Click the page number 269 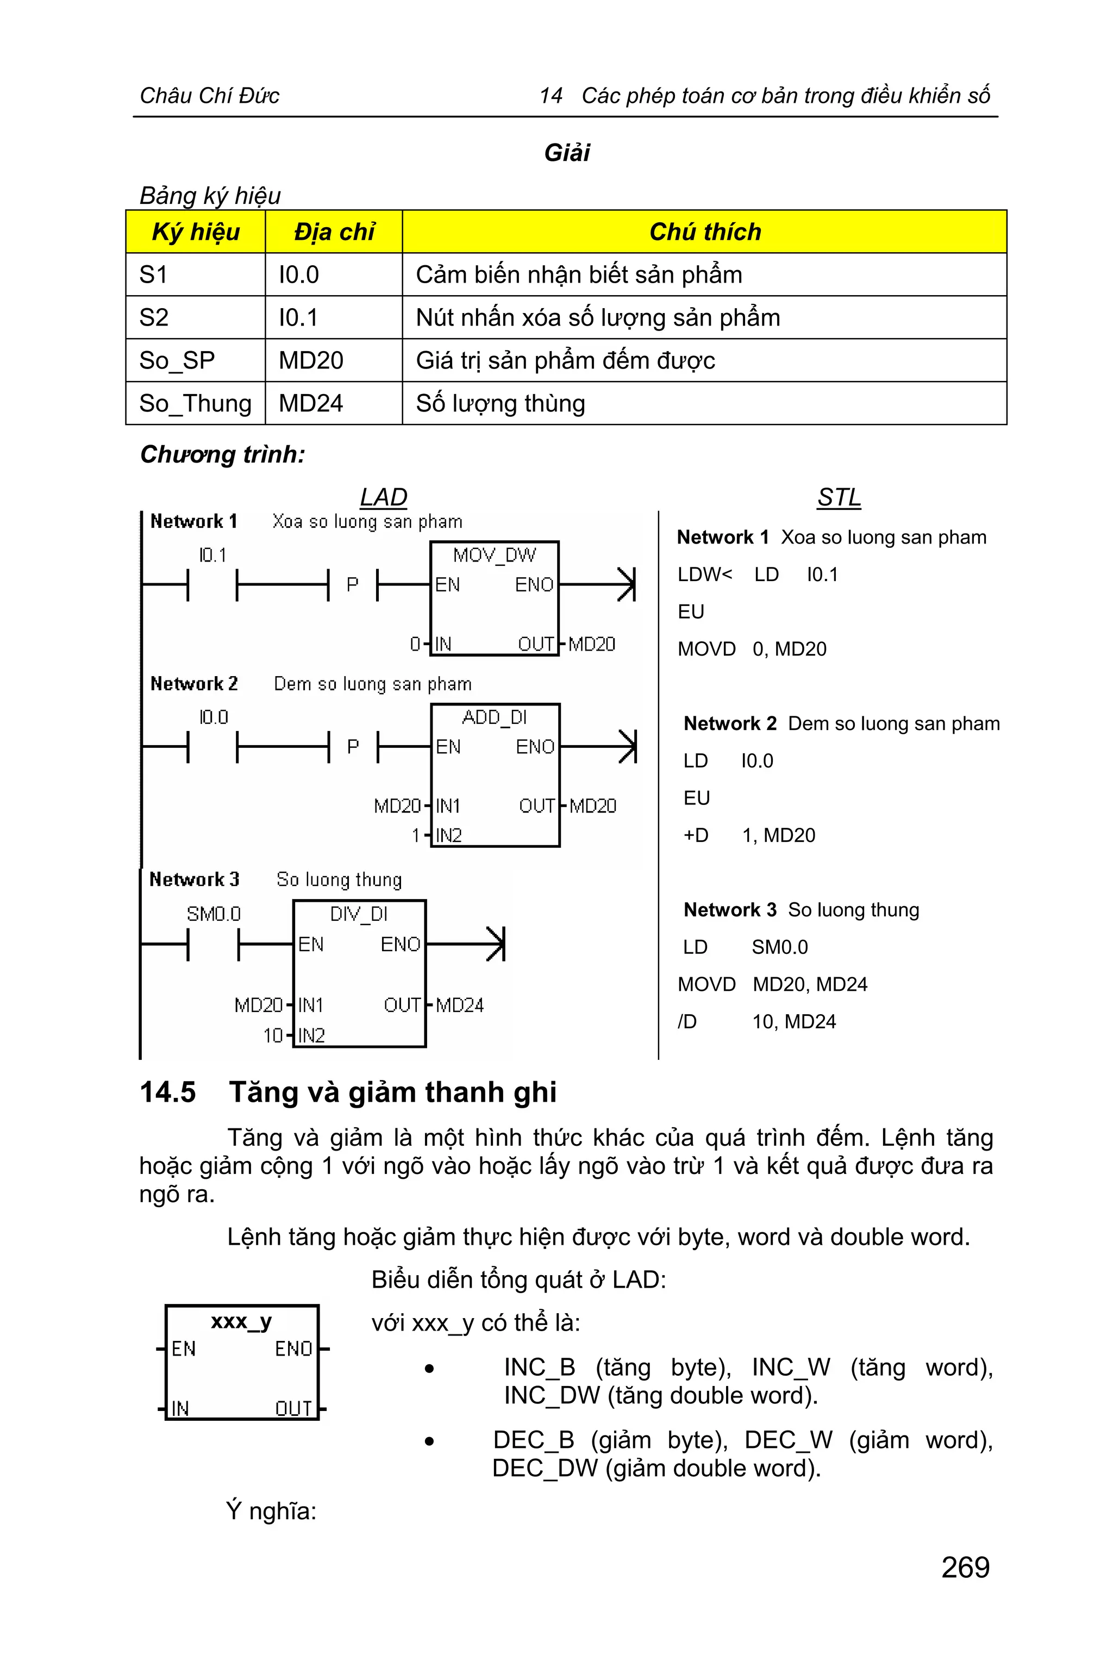(965, 1567)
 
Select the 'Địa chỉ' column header (334, 232)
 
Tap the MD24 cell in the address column (311, 403)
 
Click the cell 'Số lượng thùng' (501, 403)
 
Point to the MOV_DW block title (494, 555)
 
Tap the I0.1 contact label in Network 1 (212, 555)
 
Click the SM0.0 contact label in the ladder (214, 914)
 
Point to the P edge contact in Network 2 (353, 747)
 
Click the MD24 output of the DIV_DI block (459, 1006)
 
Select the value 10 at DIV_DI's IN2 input (273, 1036)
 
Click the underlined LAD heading (383, 497)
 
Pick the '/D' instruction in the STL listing (687, 1022)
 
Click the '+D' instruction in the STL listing (696, 835)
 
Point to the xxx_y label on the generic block (241, 1321)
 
